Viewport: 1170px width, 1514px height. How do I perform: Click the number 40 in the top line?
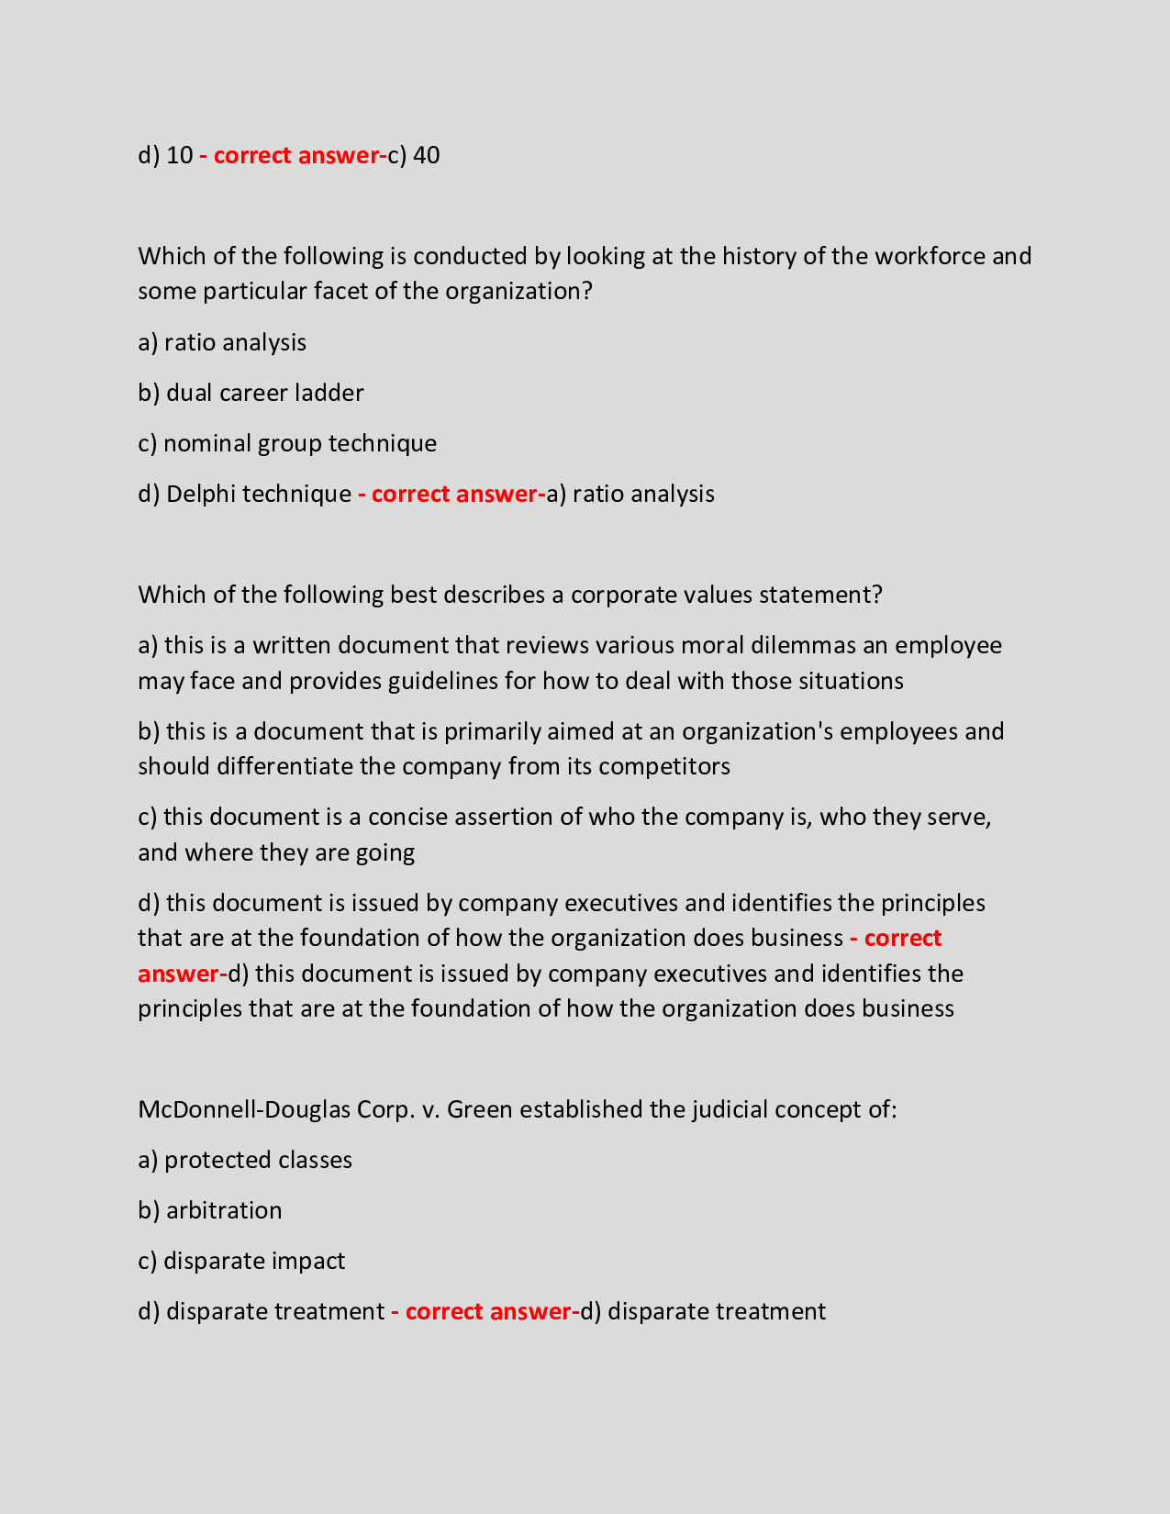tap(427, 155)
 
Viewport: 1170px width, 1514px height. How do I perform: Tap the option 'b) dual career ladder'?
tap(251, 393)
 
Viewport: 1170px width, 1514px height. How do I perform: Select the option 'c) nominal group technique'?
tap(287, 443)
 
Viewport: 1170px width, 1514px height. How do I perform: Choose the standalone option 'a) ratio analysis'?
tap(222, 342)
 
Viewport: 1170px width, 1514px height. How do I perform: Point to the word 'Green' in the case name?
tap(480, 1109)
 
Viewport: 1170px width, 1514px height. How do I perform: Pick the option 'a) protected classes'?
tap(245, 1160)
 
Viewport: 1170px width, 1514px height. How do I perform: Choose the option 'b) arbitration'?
tap(210, 1210)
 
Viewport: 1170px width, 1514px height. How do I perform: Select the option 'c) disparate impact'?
tap(241, 1261)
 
